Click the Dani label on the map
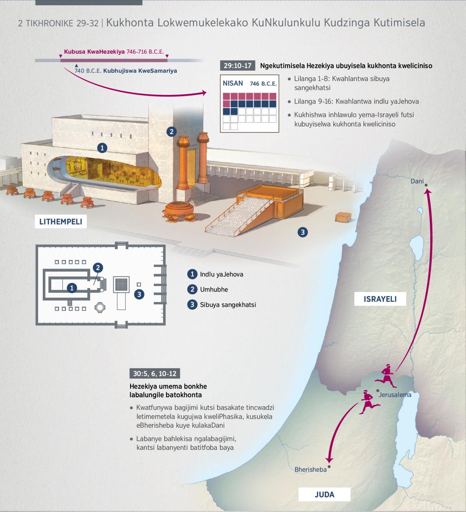coord(417,181)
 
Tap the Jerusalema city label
coord(395,395)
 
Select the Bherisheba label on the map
coord(310,469)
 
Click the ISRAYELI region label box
coord(380,299)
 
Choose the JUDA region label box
coord(324,495)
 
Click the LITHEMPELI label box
coord(61,222)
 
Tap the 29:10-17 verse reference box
coord(237,66)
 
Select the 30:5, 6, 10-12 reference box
coord(155,374)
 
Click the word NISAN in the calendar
coord(233,83)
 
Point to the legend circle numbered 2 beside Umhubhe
coord(192,289)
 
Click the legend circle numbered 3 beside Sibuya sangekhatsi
coord(192,304)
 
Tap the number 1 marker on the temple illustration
coord(102,148)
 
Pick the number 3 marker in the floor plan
coord(139,294)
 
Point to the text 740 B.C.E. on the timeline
coord(88,71)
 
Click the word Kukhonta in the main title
coord(130,23)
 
